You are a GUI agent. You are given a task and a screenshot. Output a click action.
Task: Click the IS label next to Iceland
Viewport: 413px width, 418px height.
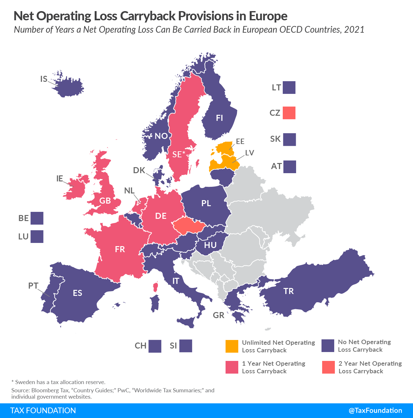(x=44, y=79)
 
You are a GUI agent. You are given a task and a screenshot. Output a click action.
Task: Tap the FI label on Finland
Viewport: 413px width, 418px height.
(x=219, y=118)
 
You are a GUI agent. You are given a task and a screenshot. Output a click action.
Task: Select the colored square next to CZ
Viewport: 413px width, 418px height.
(x=289, y=113)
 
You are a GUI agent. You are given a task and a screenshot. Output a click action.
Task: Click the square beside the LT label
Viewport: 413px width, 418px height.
(x=289, y=88)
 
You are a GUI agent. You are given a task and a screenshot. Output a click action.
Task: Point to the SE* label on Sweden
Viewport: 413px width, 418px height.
(x=179, y=154)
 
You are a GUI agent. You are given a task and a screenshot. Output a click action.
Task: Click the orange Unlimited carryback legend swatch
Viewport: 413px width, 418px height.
(x=232, y=346)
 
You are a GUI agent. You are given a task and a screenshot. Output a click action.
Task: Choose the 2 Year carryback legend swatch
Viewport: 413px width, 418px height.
(x=328, y=367)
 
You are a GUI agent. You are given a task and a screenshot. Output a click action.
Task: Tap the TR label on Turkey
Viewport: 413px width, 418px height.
(x=288, y=291)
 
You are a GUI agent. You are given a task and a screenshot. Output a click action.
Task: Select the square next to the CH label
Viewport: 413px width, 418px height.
(x=155, y=346)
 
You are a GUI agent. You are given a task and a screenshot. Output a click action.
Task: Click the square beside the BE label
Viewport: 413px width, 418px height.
(x=37, y=218)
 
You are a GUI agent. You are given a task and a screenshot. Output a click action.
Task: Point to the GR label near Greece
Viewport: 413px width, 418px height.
(x=219, y=315)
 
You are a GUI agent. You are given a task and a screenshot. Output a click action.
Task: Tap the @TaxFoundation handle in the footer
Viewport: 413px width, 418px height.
(x=375, y=410)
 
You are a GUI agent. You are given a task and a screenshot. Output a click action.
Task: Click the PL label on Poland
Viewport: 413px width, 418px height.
(x=206, y=203)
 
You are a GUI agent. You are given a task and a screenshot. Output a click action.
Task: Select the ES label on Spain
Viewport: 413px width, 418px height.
(x=78, y=293)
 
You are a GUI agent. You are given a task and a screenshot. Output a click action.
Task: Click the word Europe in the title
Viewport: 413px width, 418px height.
(x=268, y=16)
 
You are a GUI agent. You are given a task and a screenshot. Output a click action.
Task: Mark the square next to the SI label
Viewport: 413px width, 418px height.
(x=186, y=346)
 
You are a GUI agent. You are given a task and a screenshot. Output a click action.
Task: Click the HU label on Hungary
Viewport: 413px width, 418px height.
(x=210, y=245)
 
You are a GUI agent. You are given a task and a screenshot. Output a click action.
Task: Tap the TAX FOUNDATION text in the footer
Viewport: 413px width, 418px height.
(x=43, y=410)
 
